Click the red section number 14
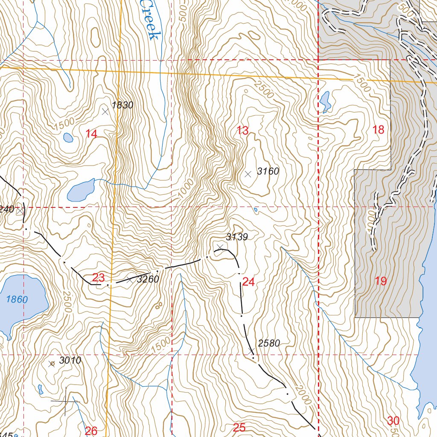click(x=91, y=134)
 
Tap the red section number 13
click(x=242, y=131)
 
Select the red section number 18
click(x=379, y=130)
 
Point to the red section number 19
click(x=381, y=281)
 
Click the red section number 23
click(x=99, y=277)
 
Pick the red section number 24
click(x=248, y=282)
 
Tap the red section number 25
click(x=240, y=428)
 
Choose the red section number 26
click(x=91, y=431)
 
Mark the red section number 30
click(x=393, y=420)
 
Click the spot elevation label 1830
click(x=122, y=105)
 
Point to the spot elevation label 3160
click(x=268, y=172)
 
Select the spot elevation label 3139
click(x=237, y=237)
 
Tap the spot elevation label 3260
click(x=148, y=280)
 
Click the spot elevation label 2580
click(x=269, y=343)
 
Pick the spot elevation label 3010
click(x=70, y=360)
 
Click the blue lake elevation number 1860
click(x=17, y=299)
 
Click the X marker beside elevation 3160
click(x=248, y=174)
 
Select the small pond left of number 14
click(x=68, y=137)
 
